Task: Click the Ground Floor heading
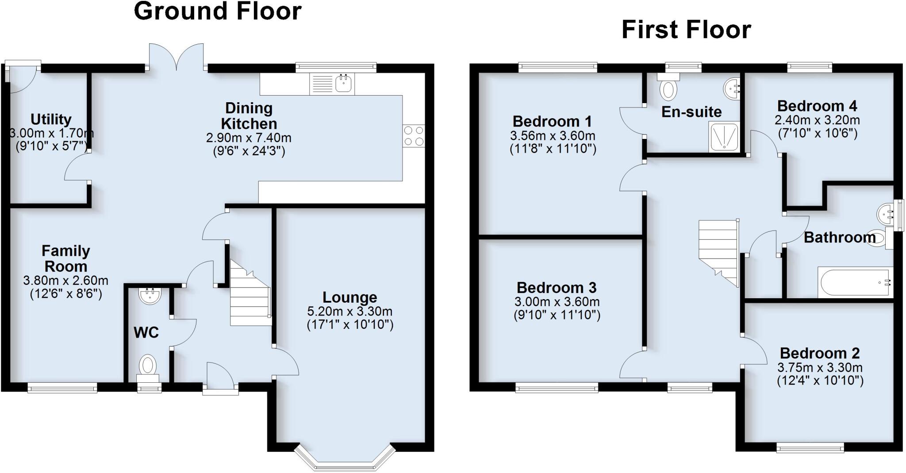[x=218, y=11]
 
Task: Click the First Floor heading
[x=686, y=30]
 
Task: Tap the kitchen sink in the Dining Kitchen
[x=343, y=83]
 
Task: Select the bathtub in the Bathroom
[x=854, y=282]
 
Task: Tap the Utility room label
[x=51, y=119]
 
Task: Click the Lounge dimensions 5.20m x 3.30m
[x=349, y=311]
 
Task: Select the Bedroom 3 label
[x=557, y=288]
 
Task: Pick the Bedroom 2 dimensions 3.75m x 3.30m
[x=820, y=367]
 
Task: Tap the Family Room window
[x=62, y=388]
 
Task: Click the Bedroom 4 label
[x=817, y=106]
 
